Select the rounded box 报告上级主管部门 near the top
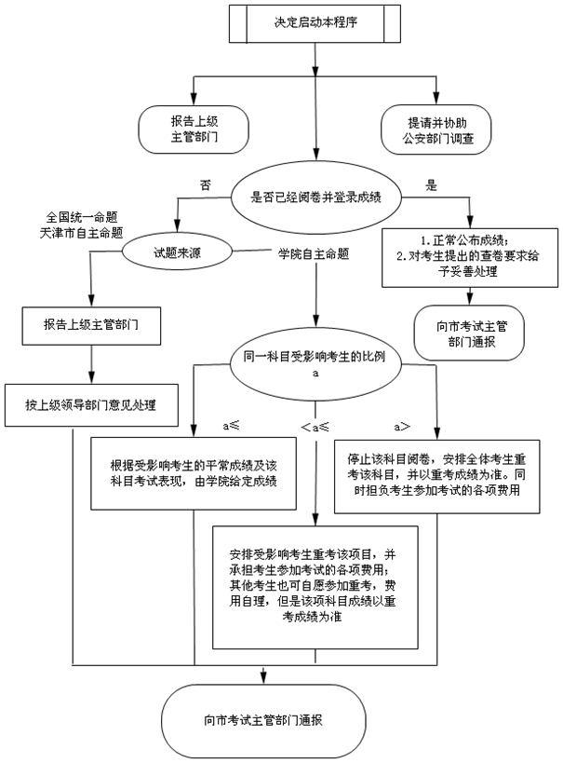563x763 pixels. tap(195, 129)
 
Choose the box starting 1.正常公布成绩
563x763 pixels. tap(471, 257)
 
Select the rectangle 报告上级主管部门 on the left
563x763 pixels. tap(90, 324)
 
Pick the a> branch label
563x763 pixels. tap(402, 426)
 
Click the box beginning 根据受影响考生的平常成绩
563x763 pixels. tap(194, 472)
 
